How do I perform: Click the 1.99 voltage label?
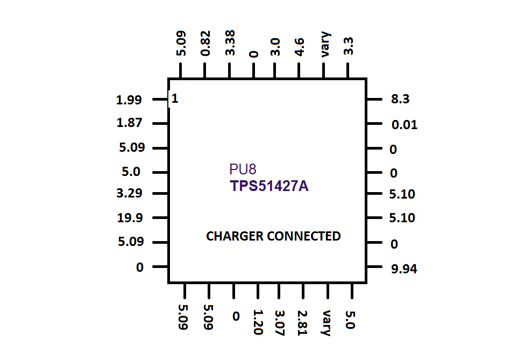click(129, 100)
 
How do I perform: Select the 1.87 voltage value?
click(129, 123)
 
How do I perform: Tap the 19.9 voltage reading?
click(130, 218)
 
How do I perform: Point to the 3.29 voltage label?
click(129, 193)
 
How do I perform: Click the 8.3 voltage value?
click(400, 99)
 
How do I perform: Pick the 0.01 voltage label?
click(405, 125)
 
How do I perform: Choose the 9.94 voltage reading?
click(404, 269)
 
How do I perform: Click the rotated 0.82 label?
click(205, 43)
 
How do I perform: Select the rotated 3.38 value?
click(230, 43)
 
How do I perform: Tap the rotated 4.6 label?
click(299, 47)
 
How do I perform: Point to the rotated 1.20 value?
click(258, 322)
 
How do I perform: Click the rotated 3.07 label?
click(280, 323)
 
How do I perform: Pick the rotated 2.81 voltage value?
click(302, 323)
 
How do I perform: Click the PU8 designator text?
click(243, 170)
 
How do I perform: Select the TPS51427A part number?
click(269, 186)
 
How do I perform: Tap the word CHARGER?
click(235, 236)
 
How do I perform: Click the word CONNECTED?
click(304, 236)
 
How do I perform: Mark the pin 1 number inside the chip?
click(174, 98)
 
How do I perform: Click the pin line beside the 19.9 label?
click(160, 218)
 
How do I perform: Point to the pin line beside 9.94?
click(374, 267)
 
